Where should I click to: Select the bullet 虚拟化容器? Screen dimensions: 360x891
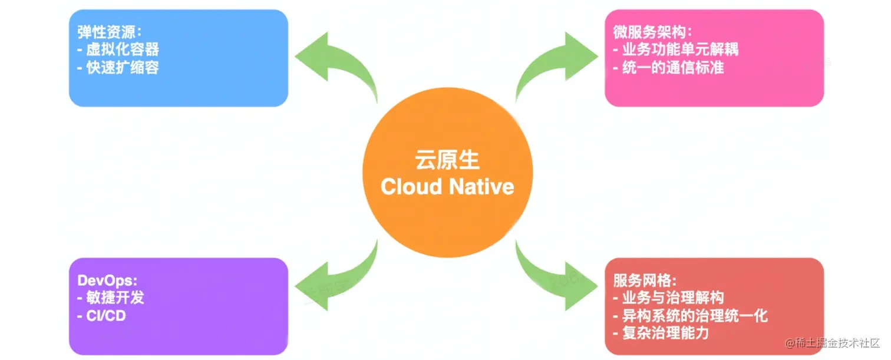[x=122, y=49]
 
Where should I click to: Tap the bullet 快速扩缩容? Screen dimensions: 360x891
[x=122, y=67]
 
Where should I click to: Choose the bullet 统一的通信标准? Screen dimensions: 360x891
[x=672, y=67]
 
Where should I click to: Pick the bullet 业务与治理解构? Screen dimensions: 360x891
[x=672, y=298]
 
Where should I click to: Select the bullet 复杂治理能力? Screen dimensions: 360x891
[x=665, y=333]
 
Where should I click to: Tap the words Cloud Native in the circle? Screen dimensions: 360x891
[x=447, y=187]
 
